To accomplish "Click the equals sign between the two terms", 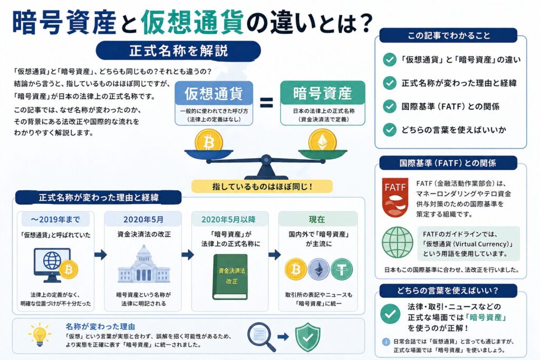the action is click(x=266, y=102).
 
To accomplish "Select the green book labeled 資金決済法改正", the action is click(x=229, y=276).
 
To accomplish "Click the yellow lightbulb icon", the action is click(x=39, y=334).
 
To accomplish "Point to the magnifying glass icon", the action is click(x=261, y=336).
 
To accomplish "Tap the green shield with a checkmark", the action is click(x=307, y=336).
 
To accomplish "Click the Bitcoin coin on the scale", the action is click(x=208, y=141).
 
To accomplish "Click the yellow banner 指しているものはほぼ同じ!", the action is click(x=262, y=186).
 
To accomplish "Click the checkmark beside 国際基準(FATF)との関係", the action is click(x=390, y=106).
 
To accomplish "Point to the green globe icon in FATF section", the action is click(x=397, y=242).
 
